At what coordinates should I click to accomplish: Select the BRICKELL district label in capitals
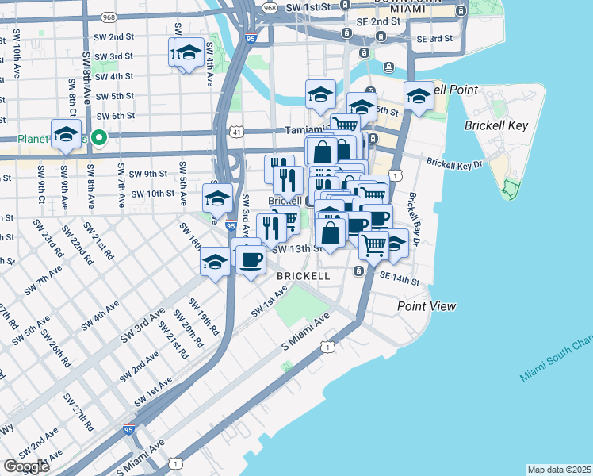click(x=304, y=275)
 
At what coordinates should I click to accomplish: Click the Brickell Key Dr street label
click(x=454, y=163)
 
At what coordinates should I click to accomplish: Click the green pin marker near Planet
click(x=99, y=137)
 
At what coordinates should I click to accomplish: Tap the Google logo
click(x=26, y=466)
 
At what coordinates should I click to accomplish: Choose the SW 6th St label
click(x=115, y=116)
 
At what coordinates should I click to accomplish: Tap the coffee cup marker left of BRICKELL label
click(x=251, y=259)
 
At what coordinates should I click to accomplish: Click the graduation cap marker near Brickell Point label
click(x=419, y=96)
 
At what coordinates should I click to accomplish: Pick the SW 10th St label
click(x=152, y=193)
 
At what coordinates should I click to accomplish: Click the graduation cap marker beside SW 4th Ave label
click(x=188, y=53)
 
